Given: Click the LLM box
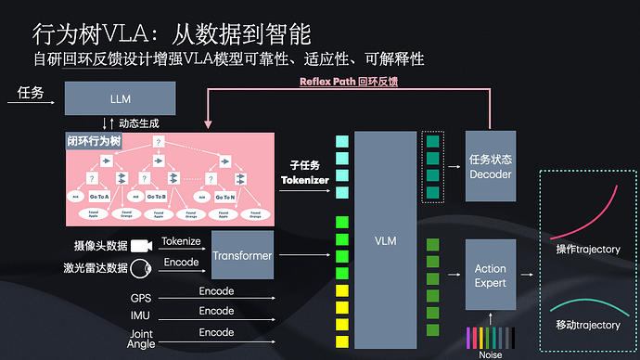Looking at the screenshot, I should [x=120, y=98].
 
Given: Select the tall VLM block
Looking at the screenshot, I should [x=385, y=239].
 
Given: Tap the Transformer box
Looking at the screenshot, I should [x=242, y=255].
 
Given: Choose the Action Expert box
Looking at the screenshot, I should [x=490, y=276].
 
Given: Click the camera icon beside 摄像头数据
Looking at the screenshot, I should [x=142, y=247].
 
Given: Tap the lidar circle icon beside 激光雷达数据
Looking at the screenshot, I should [x=141, y=268].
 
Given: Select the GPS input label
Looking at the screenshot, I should [x=140, y=298].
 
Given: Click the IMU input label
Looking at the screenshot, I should [x=140, y=316].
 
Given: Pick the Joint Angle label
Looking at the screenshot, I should [x=140, y=339].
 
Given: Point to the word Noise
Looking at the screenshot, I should [x=489, y=354].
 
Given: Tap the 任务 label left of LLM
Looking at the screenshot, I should [x=31, y=93].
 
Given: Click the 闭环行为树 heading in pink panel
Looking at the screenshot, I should [x=96, y=142].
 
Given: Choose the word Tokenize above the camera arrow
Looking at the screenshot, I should [x=181, y=241].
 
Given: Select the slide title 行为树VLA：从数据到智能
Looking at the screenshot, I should [x=172, y=34].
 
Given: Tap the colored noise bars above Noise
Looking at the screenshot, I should [x=490, y=336].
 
